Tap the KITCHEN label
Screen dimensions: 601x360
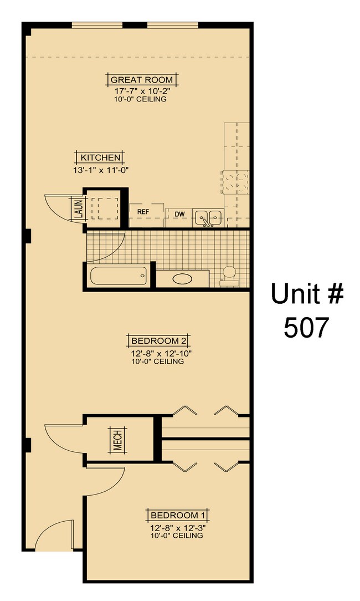[x=100, y=157]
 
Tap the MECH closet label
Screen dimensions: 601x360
[x=118, y=441]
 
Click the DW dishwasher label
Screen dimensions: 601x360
[x=179, y=214]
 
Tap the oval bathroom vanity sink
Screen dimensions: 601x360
[x=182, y=279]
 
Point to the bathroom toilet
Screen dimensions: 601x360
[x=228, y=276]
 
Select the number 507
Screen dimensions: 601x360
[x=306, y=328]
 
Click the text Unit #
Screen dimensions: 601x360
[x=306, y=294]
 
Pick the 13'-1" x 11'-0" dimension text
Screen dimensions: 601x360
[x=100, y=170]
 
